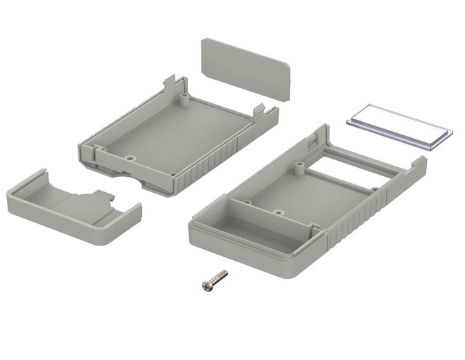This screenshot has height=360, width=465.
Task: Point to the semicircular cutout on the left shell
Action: (128, 178)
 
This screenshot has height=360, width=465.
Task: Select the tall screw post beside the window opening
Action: (298, 166)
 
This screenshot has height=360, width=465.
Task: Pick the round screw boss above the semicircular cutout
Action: (130, 158)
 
